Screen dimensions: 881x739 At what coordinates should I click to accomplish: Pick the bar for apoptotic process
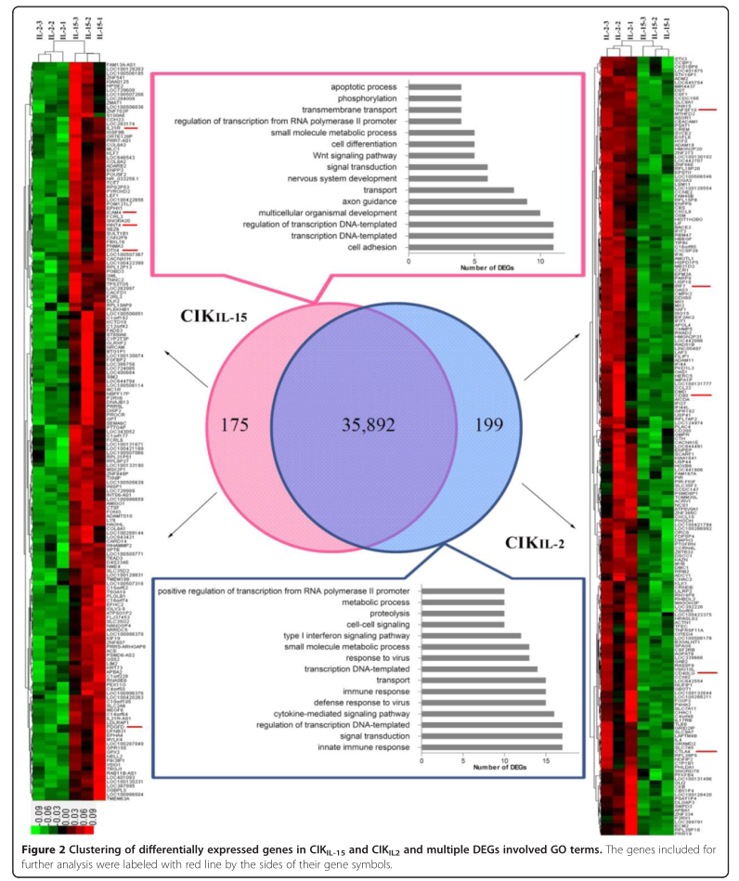coord(435,85)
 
